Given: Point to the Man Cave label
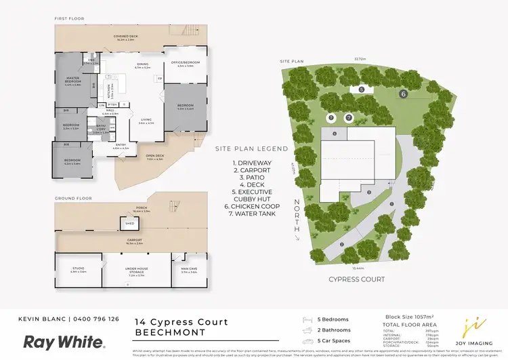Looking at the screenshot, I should click(x=189, y=270).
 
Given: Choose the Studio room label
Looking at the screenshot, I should click(x=79, y=270).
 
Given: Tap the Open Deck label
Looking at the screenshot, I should click(x=156, y=157).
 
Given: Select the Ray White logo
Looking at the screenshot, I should click(x=64, y=342).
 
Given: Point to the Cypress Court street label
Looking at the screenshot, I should click(x=357, y=279).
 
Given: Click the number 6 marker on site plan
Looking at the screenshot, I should click(x=403, y=94).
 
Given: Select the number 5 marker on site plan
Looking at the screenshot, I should click(x=361, y=89).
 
